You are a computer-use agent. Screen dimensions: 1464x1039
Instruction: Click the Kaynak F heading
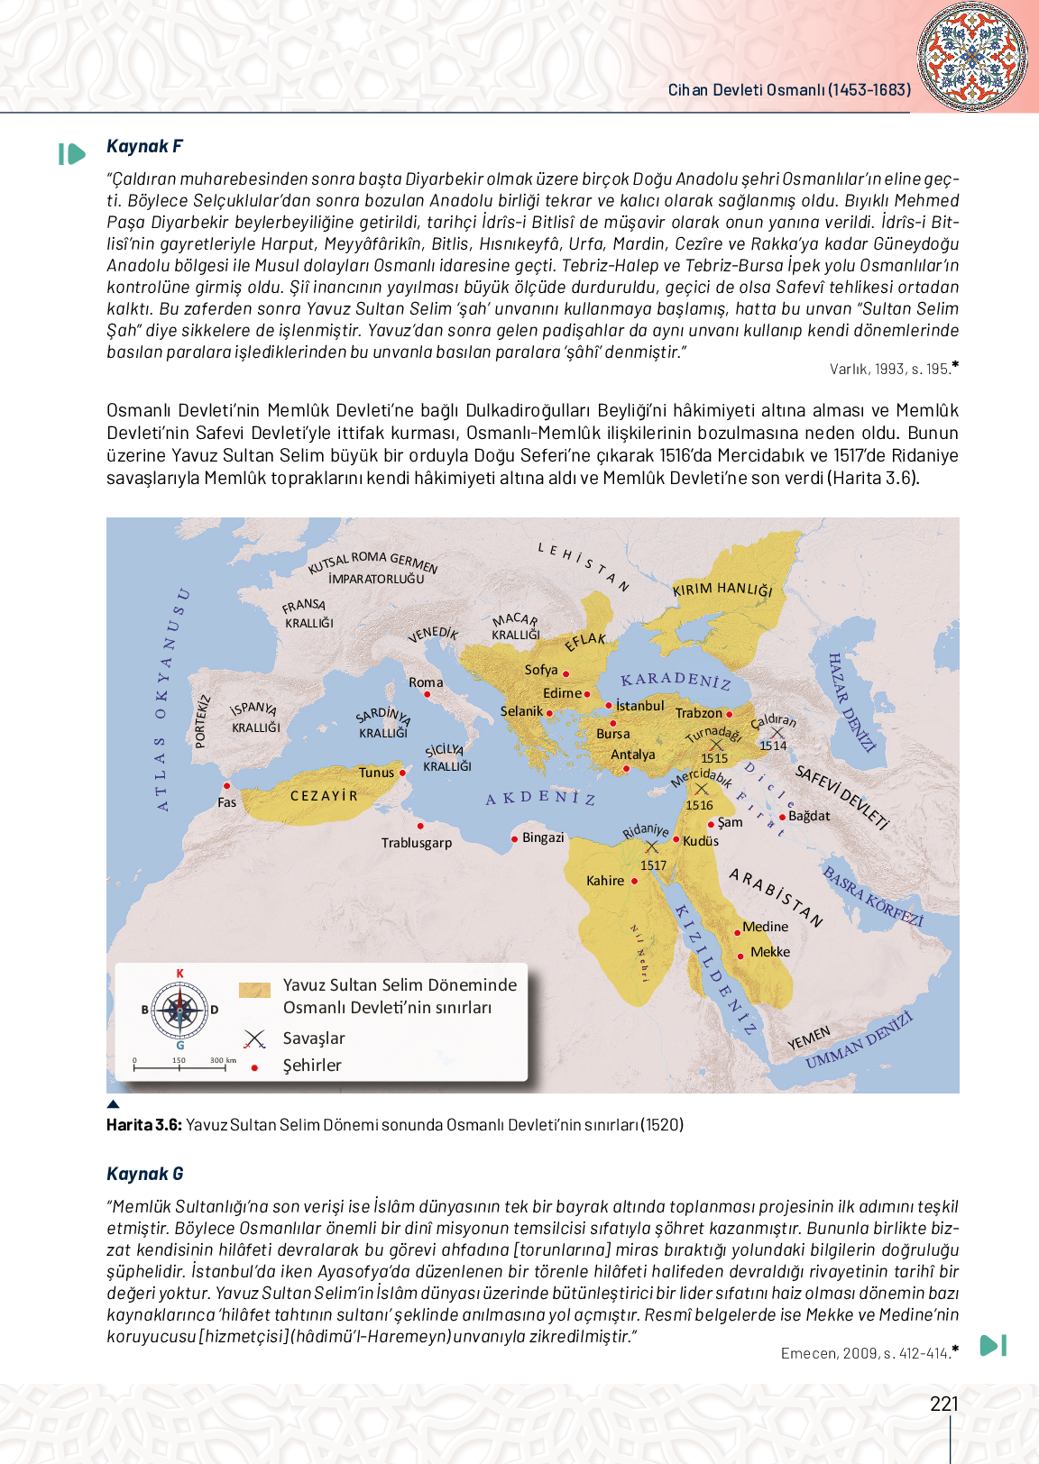tap(144, 146)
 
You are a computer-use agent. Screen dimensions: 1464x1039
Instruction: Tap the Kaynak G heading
tap(144, 1174)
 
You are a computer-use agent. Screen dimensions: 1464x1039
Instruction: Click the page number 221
tap(944, 1404)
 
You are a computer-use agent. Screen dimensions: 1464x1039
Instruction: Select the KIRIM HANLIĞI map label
tap(722, 589)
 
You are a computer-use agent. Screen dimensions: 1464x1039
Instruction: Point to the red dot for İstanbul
tap(609, 706)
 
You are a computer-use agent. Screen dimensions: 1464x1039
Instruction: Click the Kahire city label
tap(604, 881)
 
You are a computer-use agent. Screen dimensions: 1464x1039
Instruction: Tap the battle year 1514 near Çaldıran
tap(773, 746)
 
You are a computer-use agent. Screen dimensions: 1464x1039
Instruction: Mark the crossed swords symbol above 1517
tap(652, 846)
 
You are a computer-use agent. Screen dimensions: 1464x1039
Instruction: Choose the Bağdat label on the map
tap(809, 816)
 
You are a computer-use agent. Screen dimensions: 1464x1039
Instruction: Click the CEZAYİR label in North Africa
tap(324, 796)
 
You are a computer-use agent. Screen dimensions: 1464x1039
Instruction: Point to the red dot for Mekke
tap(740, 956)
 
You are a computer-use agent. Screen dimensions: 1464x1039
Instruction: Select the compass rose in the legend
tap(179, 1010)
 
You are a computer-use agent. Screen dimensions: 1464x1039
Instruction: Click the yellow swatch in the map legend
tap(254, 990)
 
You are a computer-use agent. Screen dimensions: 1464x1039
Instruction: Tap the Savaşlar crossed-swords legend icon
tap(255, 1039)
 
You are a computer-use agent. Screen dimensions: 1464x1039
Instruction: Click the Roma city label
tap(426, 682)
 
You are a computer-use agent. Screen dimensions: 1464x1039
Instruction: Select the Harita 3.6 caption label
tap(144, 1124)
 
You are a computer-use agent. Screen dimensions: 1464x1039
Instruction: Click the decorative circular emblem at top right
tap(971, 56)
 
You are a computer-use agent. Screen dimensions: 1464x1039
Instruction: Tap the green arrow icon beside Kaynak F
tap(71, 154)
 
